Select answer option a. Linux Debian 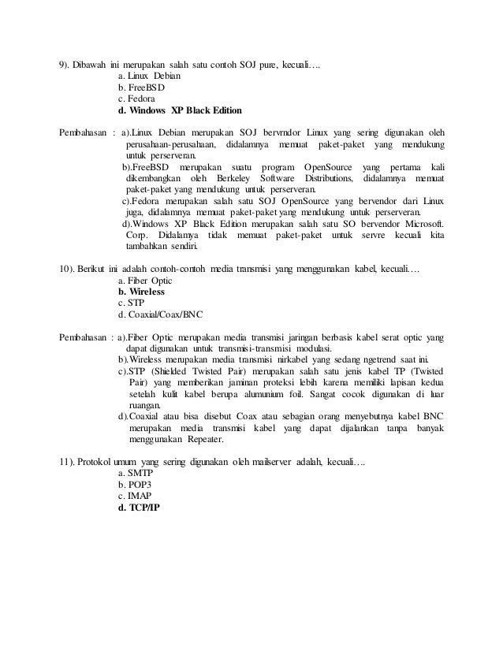pyautogui.click(x=149, y=76)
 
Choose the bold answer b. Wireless pyautogui.click(x=141, y=292)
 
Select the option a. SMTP pyautogui.click(x=134, y=472)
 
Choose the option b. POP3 pyautogui.click(x=133, y=484)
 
